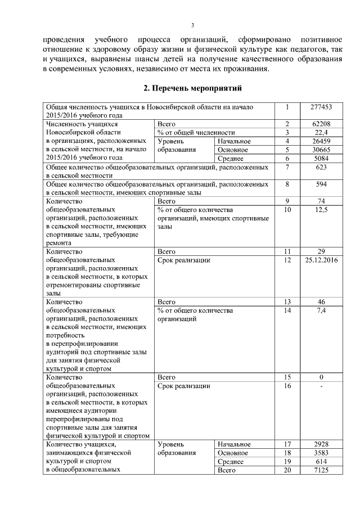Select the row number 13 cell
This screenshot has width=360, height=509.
click(287, 301)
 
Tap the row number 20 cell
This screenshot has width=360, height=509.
click(287, 470)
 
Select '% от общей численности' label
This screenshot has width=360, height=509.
click(196, 132)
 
